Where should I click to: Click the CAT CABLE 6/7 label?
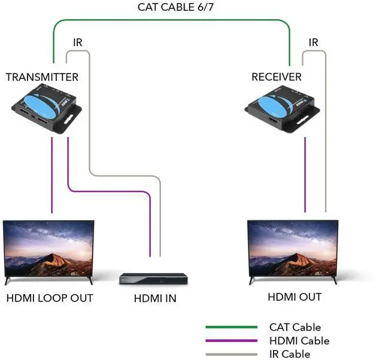(x=175, y=7)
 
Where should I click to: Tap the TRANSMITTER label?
(x=42, y=77)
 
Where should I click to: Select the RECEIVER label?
(x=276, y=77)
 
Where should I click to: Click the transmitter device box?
(x=47, y=108)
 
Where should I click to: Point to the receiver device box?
(x=282, y=109)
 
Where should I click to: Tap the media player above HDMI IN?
(x=153, y=279)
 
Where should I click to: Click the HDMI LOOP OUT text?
(x=50, y=298)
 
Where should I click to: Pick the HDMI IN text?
(x=155, y=298)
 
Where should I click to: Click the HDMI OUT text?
(x=294, y=297)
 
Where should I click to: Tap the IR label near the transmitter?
(x=78, y=42)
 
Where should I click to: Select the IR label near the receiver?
(x=314, y=42)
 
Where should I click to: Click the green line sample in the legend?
(x=232, y=327)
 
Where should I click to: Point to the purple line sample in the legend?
(x=232, y=341)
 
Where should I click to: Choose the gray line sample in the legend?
(x=232, y=355)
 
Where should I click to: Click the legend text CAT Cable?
(x=295, y=327)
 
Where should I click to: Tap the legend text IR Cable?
(x=290, y=354)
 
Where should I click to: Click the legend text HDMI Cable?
(x=299, y=341)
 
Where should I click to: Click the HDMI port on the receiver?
(x=273, y=120)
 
